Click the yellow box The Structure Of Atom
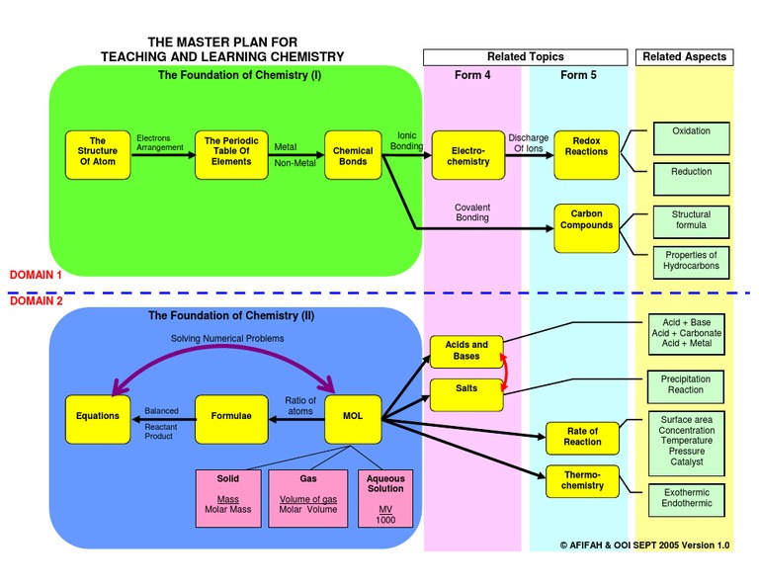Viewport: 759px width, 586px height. pos(98,155)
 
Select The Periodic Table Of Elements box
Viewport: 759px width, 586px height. pos(231,155)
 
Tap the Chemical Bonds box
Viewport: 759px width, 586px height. pos(353,155)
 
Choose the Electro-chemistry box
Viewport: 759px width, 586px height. pos(468,155)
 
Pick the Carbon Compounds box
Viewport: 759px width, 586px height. pos(586,225)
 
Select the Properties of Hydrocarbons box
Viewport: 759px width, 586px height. pos(691,261)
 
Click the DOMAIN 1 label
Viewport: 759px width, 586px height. pos(36,275)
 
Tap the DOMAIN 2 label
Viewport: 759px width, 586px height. pos(36,302)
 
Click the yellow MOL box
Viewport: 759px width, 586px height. pos(353,416)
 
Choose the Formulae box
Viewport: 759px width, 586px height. pos(231,416)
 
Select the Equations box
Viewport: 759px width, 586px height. pos(98,416)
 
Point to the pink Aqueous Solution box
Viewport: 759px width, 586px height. pos(385,498)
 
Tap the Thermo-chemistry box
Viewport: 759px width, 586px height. pos(582,480)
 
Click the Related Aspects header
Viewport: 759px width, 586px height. pos(684,57)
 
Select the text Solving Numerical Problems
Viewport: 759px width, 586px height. pos(227,339)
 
